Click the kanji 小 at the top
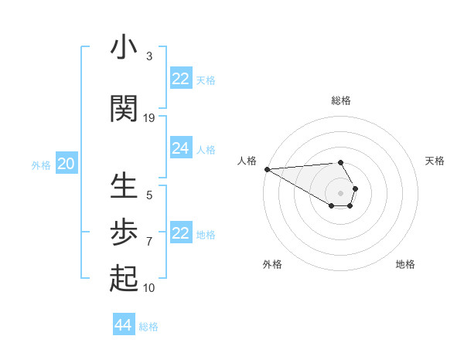[x=125, y=48]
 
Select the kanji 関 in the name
[x=125, y=108]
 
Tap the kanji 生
[x=125, y=186]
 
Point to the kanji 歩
[x=125, y=232]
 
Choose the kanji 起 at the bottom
[x=125, y=278]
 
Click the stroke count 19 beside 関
[x=149, y=118]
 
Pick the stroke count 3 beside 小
[x=149, y=56]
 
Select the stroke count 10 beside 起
[x=149, y=288]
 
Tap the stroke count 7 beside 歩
[x=149, y=242]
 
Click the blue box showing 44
[x=123, y=325]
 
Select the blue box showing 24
[x=181, y=149]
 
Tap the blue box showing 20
[x=67, y=164]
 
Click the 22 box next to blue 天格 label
[x=181, y=79]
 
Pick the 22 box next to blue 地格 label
[x=181, y=233]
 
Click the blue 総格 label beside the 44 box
[x=148, y=327]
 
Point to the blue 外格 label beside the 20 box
[x=41, y=165]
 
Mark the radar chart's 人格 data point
[x=267, y=169]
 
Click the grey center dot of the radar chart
[x=340, y=193]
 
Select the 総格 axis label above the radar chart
[x=340, y=100]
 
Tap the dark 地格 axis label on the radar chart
[x=405, y=264]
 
